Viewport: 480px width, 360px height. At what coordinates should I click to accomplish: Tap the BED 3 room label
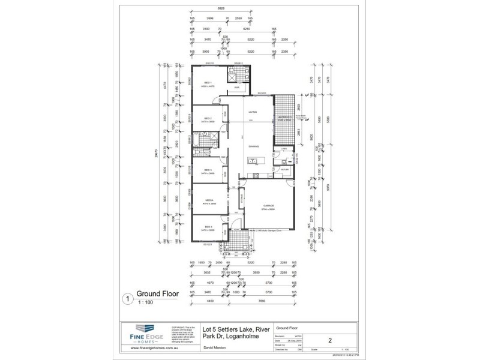(x=208, y=170)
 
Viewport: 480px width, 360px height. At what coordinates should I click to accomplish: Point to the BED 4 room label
(x=208, y=227)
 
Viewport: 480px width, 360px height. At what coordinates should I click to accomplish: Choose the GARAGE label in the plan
(x=268, y=205)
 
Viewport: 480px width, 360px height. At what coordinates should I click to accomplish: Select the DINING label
(x=254, y=146)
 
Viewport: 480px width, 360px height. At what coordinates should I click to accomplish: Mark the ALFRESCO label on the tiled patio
(x=284, y=117)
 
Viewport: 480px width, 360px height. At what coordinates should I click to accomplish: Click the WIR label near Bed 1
(x=237, y=88)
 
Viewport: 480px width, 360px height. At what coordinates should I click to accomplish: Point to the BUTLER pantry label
(x=285, y=170)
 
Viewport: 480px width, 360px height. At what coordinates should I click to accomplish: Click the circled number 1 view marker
(x=127, y=296)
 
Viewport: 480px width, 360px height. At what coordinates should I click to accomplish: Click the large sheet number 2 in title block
(x=330, y=339)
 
